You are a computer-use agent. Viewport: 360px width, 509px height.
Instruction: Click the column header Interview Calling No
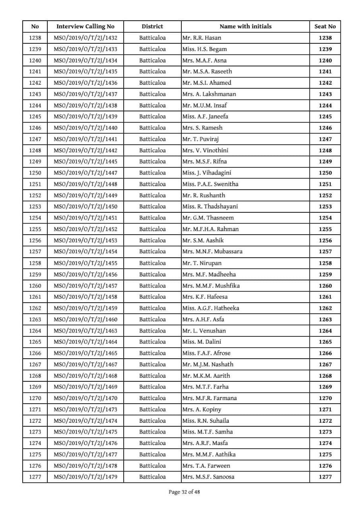pyautogui.click(x=85, y=27)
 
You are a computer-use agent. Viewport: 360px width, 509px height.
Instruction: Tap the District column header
pyautogui.click(x=152, y=27)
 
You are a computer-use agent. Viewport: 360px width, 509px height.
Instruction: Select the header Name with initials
pyautogui.click(x=245, y=27)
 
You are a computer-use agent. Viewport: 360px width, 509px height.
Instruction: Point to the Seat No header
pyautogui.click(x=325, y=27)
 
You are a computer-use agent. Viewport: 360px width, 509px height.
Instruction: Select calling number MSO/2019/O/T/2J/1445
pyautogui.click(x=85, y=161)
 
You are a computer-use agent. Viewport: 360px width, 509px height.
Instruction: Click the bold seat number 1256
pyautogui.click(x=325, y=240)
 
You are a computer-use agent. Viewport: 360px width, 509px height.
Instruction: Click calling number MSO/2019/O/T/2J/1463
pyautogui.click(x=85, y=330)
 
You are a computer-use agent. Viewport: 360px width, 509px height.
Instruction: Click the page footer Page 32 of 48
pyautogui.click(x=184, y=492)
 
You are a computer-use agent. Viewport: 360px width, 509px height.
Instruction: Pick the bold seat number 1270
pyautogui.click(x=325, y=398)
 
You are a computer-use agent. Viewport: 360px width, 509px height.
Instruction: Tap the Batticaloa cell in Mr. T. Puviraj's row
pyautogui.click(x=152, y=139)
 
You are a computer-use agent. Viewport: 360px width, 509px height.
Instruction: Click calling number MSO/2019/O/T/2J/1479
pyautogui.click(x=85, y=477)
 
